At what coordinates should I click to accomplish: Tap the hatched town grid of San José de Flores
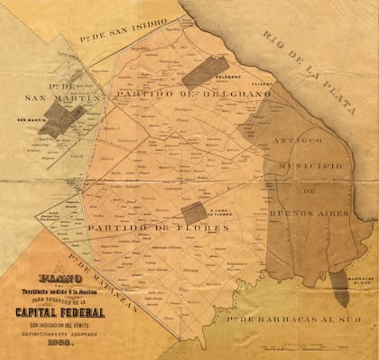193,213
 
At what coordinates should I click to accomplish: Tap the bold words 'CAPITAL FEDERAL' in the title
59,311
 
